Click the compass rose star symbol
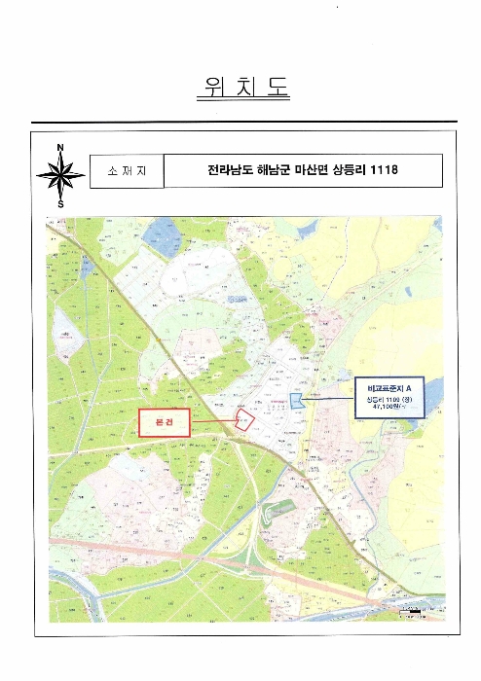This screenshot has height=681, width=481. [60, 176]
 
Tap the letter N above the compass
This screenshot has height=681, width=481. [60, 148]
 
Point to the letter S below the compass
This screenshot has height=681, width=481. [60, 205]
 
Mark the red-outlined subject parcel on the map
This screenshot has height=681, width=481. [245, 419]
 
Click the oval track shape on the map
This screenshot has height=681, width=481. [281, 507]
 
